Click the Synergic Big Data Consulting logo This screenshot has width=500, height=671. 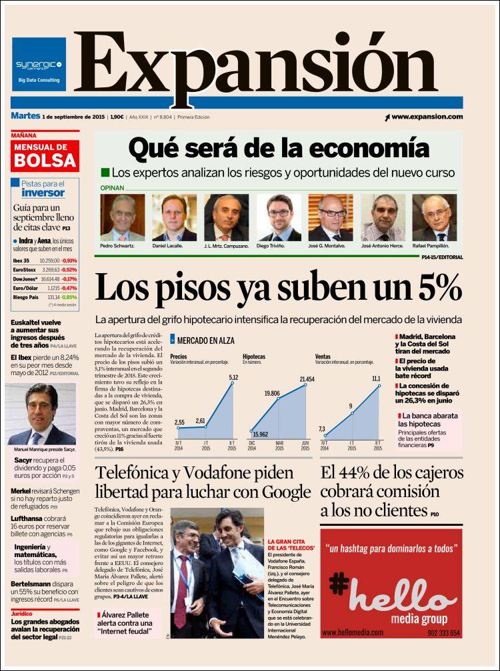pos(39,65)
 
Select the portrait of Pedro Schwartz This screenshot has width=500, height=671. pos(122,217)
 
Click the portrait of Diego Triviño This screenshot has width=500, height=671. pos(279,217)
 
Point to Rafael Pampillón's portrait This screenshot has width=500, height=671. pos(434,217)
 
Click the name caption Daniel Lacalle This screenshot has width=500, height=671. pos(173,246)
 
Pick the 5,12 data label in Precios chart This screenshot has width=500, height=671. pos(233,378)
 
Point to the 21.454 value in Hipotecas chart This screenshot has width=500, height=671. pos(307,379)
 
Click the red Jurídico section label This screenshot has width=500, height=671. pos(21,612)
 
